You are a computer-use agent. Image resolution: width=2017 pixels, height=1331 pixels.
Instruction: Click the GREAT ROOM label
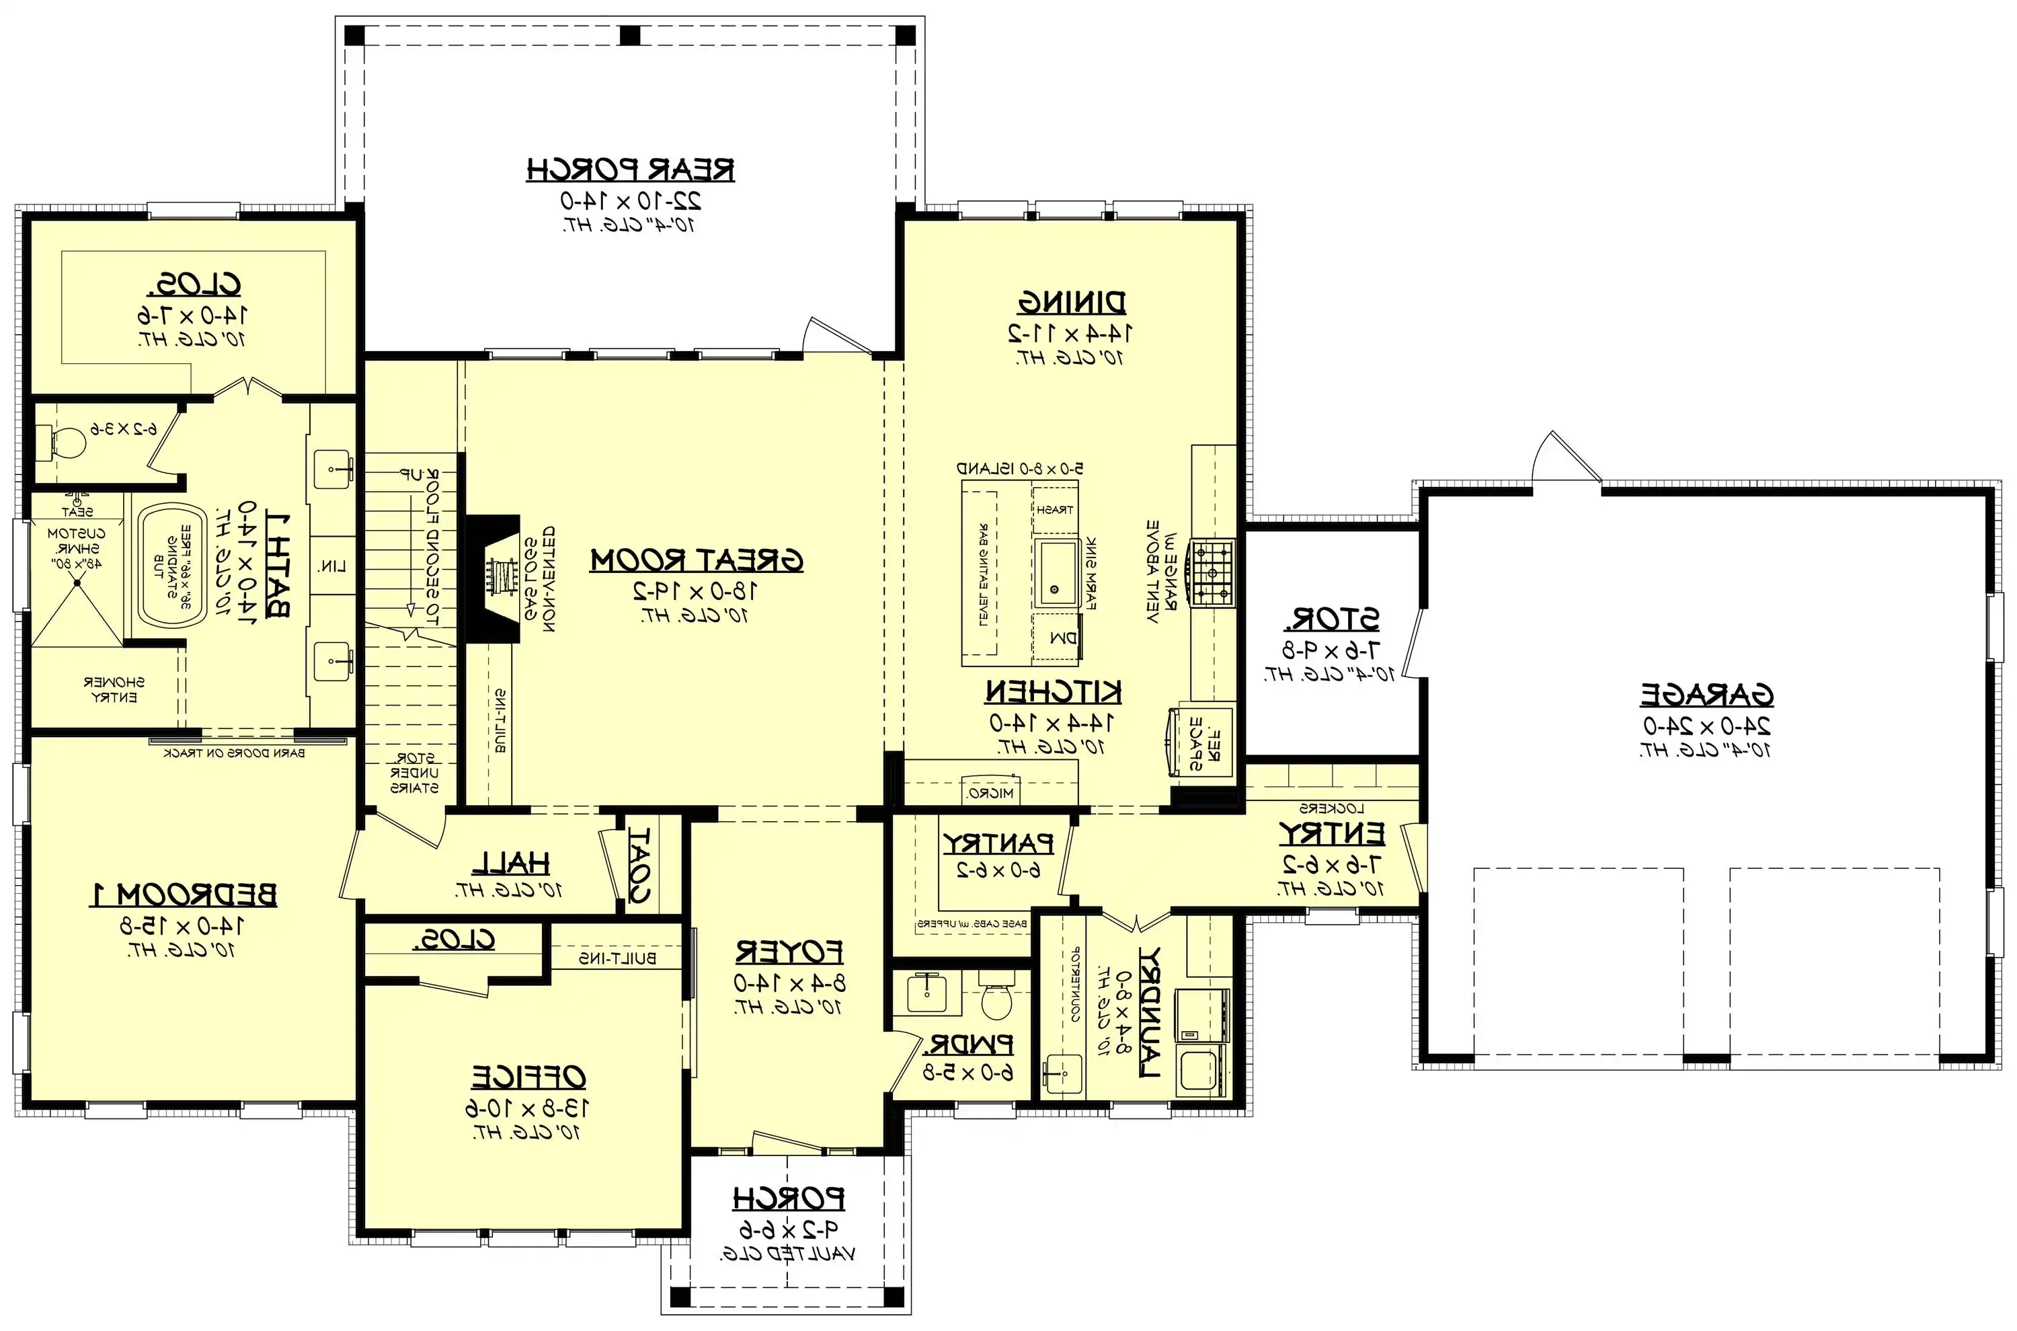pos(696,560)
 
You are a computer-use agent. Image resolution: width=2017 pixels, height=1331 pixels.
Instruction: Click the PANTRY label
pos(998,844)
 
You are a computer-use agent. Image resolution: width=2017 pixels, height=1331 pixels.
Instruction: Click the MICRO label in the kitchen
pos(990,793)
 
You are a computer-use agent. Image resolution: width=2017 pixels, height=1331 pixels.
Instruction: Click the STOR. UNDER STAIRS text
pos(414,773)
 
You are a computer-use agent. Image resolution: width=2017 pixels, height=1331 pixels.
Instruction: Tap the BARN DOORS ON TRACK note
pos(234,752)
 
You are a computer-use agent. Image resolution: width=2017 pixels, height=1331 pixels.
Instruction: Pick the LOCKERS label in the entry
pos(1331,808)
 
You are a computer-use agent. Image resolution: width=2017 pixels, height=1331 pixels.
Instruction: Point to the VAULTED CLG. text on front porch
pos(787,1254)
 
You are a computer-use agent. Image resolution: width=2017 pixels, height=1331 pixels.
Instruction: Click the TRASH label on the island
pos(1055,509)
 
